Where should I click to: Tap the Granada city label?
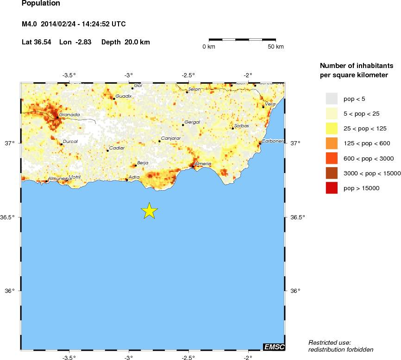tap(69, 114)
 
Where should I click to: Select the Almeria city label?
tap(203, 164)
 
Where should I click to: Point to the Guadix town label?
tap(124, 96)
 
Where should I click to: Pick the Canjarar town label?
tap(170, 138)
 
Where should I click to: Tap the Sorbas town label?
tap(242, 126)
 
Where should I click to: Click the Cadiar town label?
tap(117, 148)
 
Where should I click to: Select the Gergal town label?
tap(192, 122)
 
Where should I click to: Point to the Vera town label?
tap(270, 104)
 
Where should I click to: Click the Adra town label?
tap(134, 177)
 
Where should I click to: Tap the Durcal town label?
tap(70, 142)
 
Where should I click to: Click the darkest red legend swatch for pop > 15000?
tap(332, 188)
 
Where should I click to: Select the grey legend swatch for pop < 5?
tap(332, 99)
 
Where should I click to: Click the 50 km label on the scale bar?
tap(276, 47)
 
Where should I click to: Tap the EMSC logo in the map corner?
tap(274, 347)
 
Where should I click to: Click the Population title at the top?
tap(41, 4)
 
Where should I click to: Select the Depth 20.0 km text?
tap(125, 42)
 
